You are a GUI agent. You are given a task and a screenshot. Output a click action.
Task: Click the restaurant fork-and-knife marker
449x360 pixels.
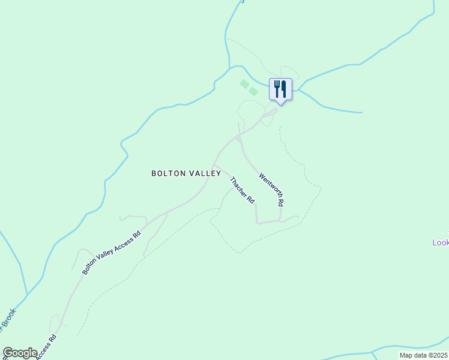(280, 89)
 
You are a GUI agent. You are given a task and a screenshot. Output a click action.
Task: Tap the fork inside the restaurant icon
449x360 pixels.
(277, 89)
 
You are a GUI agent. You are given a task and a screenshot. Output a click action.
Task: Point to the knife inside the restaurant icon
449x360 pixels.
(284, 89)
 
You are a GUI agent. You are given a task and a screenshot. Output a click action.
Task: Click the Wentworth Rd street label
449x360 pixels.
(271, 190)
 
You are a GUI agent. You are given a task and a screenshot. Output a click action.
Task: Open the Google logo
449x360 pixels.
(20, 353)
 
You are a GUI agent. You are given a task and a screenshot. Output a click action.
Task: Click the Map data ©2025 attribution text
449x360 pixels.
(423, 355)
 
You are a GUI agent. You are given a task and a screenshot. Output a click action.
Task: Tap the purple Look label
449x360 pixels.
(441, 242)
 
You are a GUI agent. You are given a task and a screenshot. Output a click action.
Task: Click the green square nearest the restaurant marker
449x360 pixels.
(253, 91)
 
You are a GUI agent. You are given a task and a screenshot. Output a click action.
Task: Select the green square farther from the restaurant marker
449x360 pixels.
(244, 84)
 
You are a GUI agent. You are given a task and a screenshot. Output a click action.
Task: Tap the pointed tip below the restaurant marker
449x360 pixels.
(280, 103)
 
